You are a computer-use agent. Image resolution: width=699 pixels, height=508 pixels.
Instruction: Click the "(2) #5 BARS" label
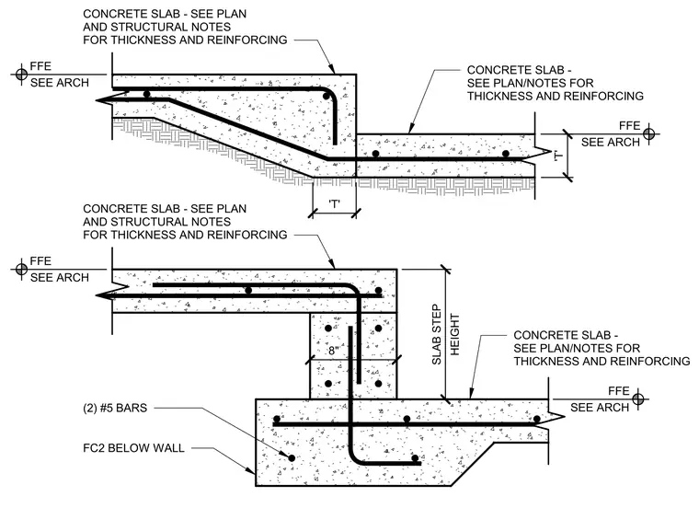tap(115, 408)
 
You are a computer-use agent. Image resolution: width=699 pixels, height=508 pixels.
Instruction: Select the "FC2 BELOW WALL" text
tap(133, 448)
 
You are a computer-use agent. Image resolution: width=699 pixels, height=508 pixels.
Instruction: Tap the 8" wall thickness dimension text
tap(334, 351)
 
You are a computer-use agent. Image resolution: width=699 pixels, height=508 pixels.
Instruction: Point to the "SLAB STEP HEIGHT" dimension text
tap(445, 334)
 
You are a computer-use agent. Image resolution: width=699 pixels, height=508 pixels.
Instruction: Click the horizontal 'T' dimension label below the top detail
tap(335, 204)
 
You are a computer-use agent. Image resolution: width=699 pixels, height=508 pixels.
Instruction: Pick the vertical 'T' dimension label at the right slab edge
tap(557, 156)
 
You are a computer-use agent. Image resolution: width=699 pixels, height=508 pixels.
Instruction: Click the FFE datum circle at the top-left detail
tap(21, 74)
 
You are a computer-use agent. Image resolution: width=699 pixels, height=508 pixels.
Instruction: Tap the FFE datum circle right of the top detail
tap(649, 133)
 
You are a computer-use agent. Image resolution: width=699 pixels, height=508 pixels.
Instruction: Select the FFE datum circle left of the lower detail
tap(21, 269)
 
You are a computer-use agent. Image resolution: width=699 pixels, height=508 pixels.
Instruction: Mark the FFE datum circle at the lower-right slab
tap(638, 398)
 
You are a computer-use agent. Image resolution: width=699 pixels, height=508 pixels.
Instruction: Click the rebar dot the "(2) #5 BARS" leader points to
tap(292, 458)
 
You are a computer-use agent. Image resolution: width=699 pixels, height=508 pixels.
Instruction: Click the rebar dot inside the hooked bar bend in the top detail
tap(327, 97)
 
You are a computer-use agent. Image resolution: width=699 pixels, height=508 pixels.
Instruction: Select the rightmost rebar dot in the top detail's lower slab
tap(506, 154)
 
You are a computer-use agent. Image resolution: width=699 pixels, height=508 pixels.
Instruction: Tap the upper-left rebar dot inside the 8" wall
tap(328, 329)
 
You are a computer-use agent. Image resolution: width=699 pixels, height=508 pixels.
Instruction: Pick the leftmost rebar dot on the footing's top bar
tap(277, 419)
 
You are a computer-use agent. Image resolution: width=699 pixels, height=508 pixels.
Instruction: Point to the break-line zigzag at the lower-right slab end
tap(556, 418)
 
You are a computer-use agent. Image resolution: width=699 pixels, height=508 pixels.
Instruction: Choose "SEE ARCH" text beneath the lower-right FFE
tap(600, 408)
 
